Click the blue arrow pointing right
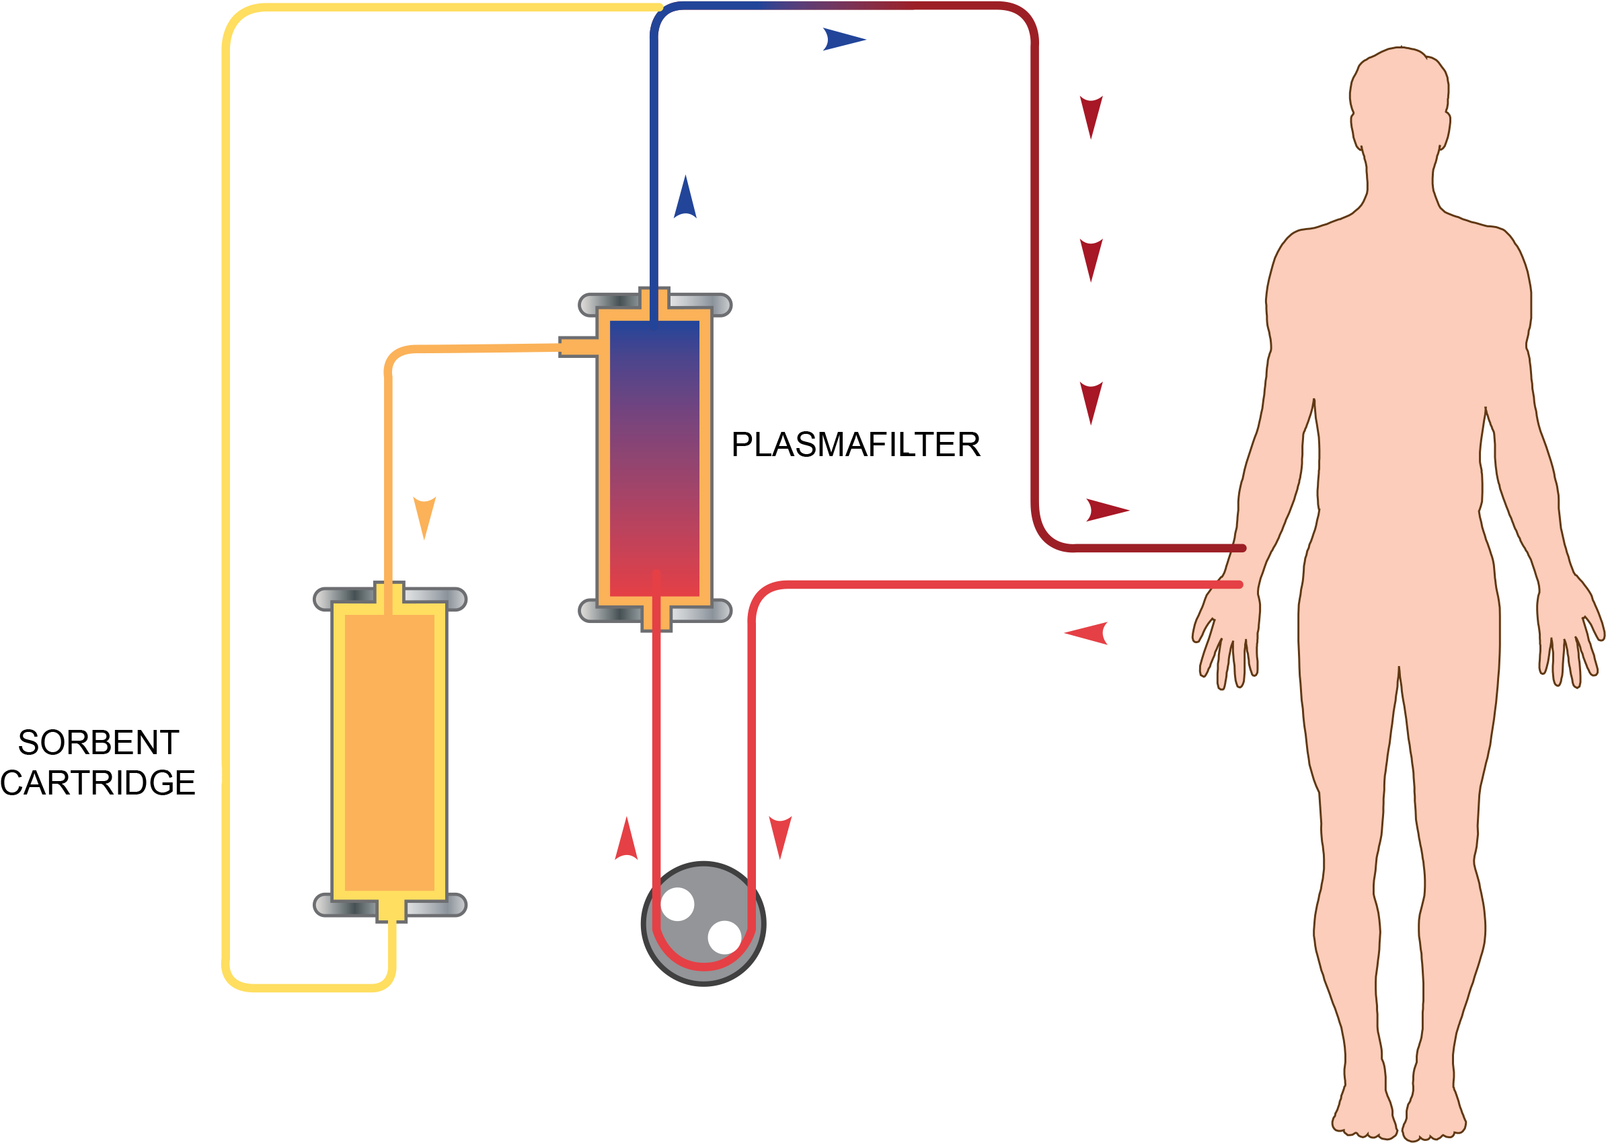point(842,40)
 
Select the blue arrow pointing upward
point(685,198)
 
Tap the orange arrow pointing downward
point(424,516)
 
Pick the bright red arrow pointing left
point(1087,633)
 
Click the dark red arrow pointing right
point(1106,509)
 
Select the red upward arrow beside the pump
point(625,839)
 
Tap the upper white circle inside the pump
point(677,904)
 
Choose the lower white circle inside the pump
point(724,936)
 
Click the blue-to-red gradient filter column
point(654,457)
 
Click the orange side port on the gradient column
point(578,346)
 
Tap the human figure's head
point(1398,98)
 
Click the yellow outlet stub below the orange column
point(391,910)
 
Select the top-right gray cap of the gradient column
point(700,304)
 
